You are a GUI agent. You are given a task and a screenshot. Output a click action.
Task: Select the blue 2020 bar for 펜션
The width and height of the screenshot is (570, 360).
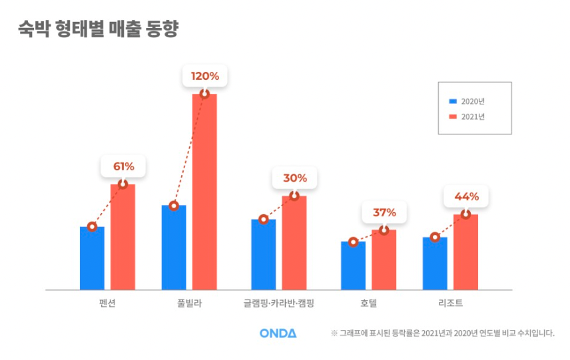pos(92,260)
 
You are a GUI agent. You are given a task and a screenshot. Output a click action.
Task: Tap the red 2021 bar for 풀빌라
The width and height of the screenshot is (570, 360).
pos(204,193)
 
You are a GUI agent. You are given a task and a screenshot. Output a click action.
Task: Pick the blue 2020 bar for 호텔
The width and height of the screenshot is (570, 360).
pos(353,266)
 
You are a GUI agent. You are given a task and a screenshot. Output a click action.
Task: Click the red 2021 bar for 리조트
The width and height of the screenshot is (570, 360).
pos(465,253)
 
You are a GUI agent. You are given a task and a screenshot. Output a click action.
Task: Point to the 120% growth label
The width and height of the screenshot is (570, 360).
pos(204,76)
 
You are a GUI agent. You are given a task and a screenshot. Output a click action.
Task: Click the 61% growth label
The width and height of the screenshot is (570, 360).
pos(123,166)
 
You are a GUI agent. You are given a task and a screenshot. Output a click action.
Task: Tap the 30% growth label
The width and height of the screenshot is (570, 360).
pos(294,178)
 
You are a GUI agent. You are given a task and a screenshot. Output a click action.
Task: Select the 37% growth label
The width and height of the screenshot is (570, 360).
pos(384,213)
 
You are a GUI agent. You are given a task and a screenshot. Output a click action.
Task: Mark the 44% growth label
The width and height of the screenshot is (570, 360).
pos(465,197)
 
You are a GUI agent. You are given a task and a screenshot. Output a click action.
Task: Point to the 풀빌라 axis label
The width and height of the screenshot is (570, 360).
pos(189,304)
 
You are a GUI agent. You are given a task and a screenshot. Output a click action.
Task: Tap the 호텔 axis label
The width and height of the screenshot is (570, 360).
pos(368,304)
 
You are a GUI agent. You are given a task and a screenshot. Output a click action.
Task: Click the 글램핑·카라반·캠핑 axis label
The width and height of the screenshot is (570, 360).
pos(278,304)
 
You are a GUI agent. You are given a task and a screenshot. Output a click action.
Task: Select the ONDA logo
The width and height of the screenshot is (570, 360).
pos(278,333)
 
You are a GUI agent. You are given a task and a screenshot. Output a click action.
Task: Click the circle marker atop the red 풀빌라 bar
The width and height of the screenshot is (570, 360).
pos(204,94)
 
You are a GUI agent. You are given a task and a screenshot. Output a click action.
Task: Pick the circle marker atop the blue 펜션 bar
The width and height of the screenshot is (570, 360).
pos(92,227)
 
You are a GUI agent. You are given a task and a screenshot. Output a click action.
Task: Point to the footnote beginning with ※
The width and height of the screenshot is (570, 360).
pos(442,333)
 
